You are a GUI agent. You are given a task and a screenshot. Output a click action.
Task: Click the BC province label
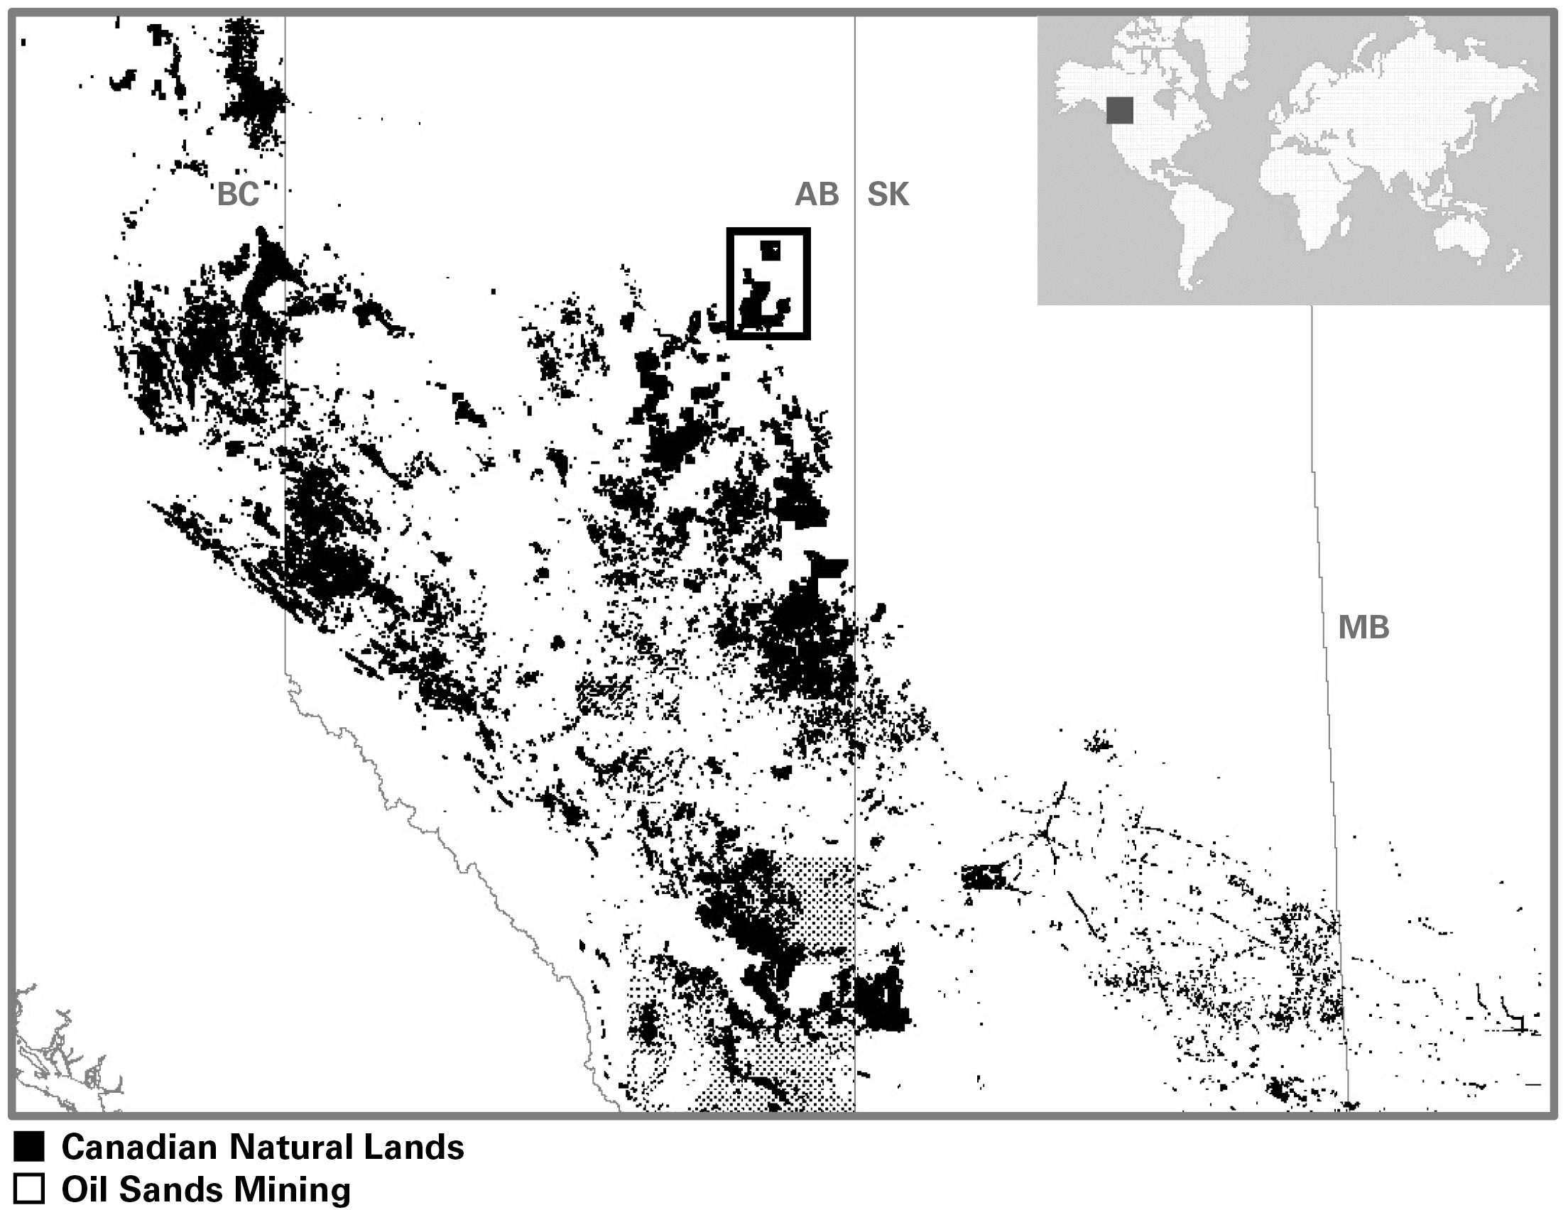[x=238, y=194]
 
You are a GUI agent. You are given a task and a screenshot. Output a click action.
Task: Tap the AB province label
[x=816, y=194]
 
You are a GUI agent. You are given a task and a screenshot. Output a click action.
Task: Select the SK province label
[x=888, y=194]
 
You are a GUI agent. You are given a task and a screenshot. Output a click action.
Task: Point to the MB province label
[x=1363, y=628]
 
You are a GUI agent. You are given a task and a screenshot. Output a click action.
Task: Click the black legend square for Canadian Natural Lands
[x=29, y=1147]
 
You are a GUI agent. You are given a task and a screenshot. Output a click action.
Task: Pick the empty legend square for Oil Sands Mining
[x=29, y=1189]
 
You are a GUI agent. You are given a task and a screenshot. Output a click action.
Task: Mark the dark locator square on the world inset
[x=1119, y=111]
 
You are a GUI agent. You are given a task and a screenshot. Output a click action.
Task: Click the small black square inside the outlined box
[x=771, y=250]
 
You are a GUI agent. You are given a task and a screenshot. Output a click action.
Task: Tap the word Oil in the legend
[x=84, y=1189]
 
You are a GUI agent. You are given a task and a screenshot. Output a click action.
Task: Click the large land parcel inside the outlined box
[x=761, y=305]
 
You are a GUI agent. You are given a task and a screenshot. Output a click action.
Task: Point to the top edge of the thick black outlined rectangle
[x=768, y=231]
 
